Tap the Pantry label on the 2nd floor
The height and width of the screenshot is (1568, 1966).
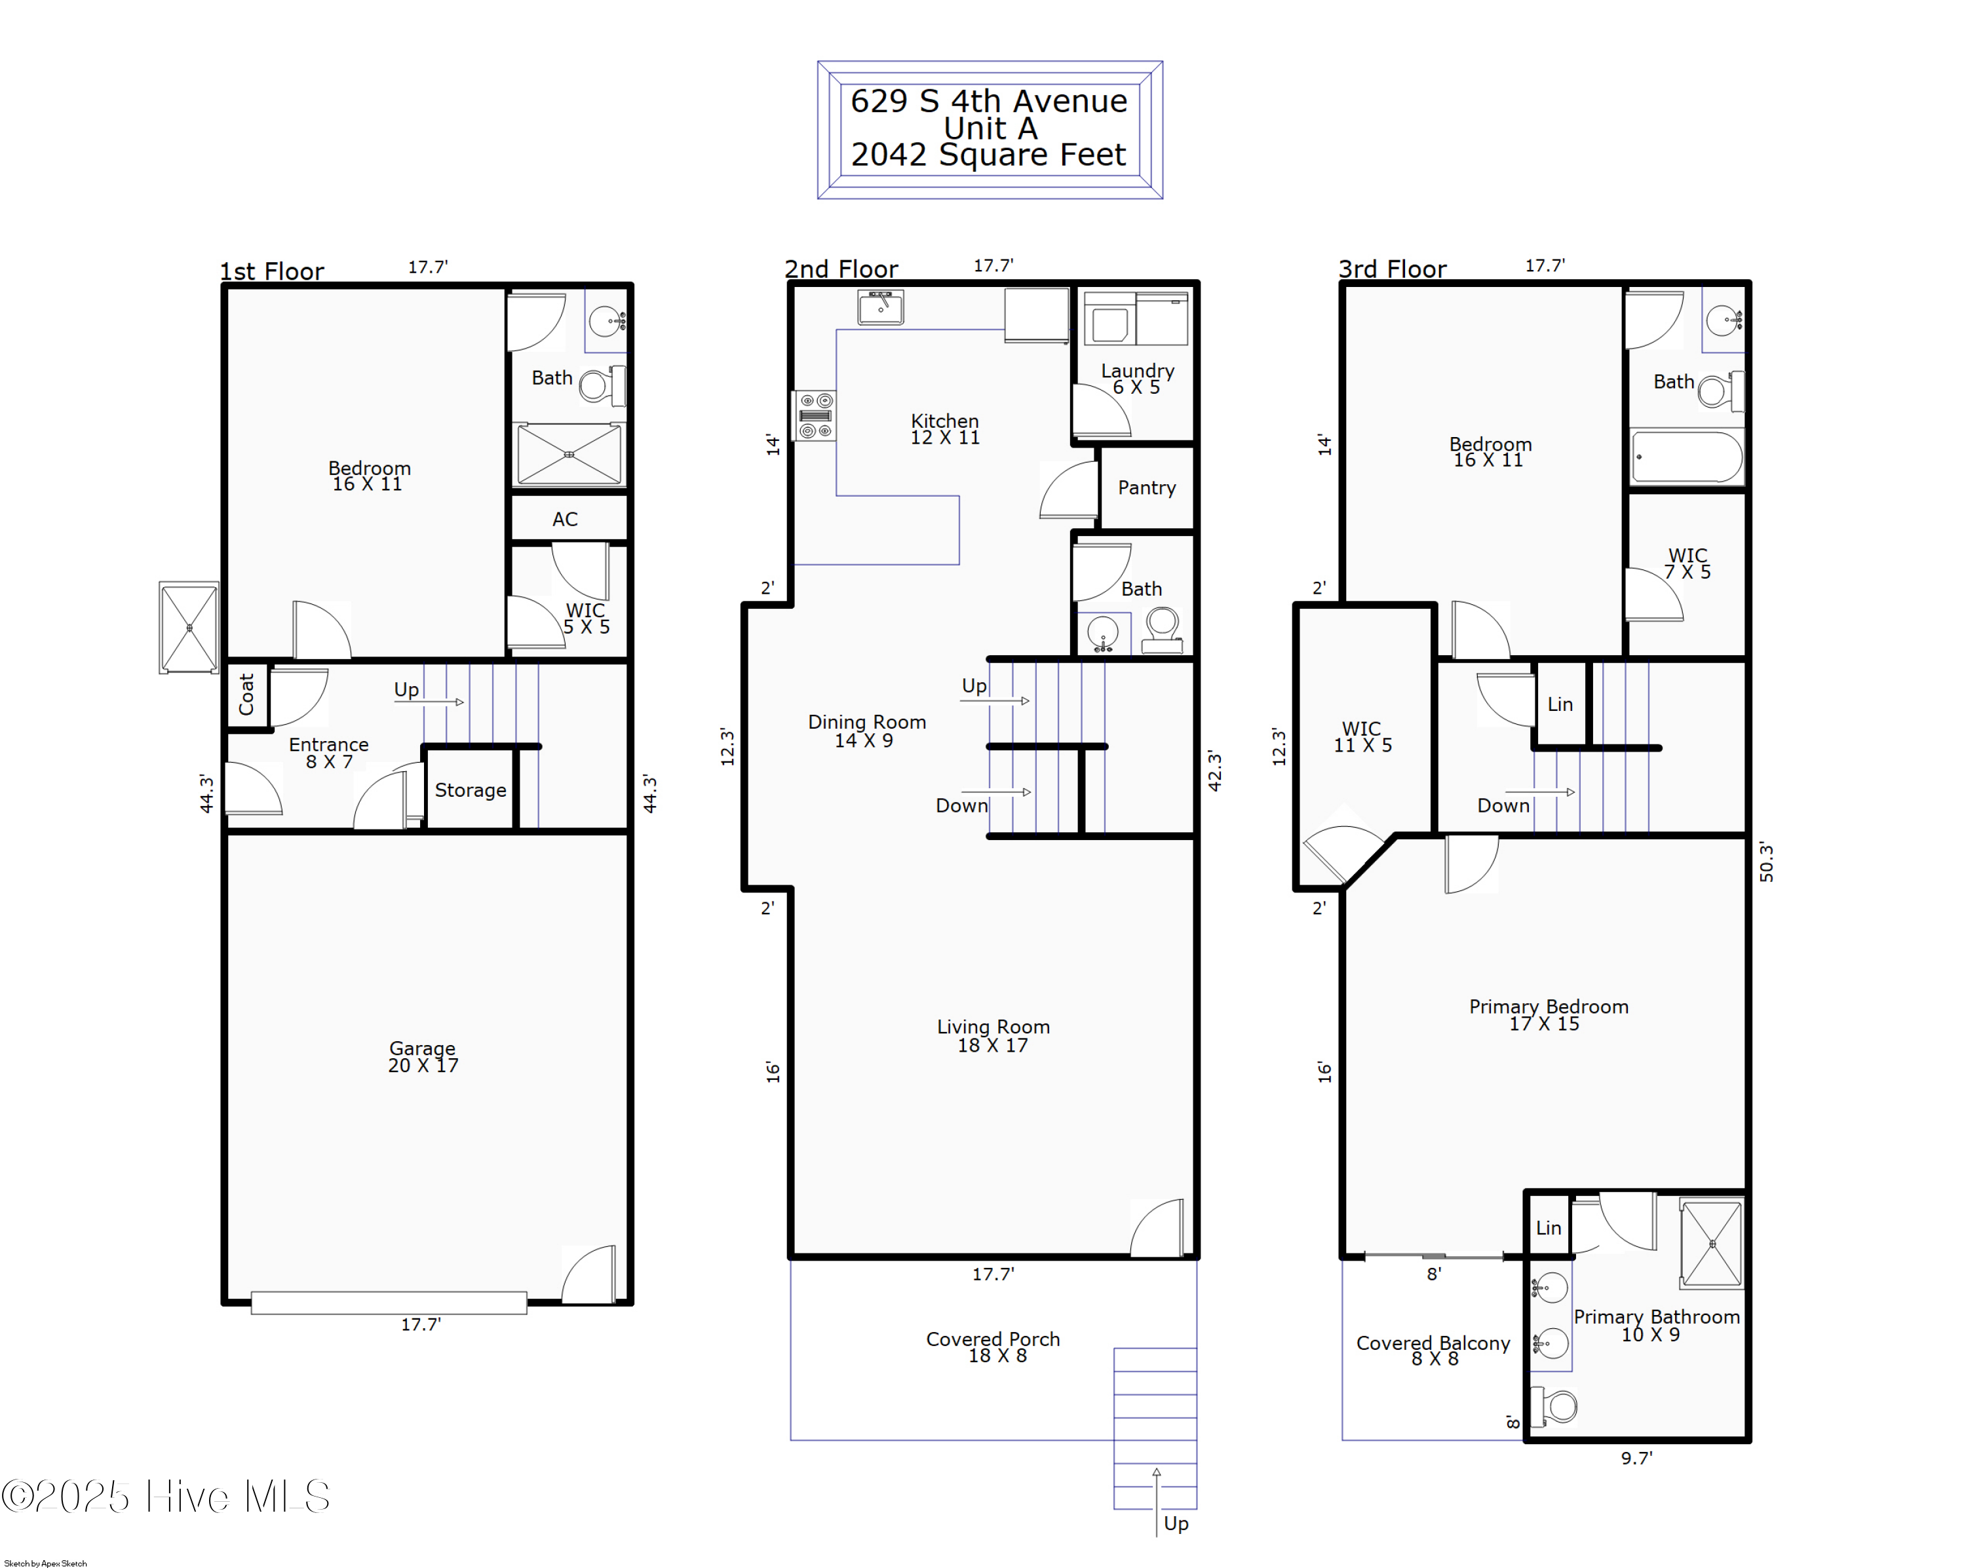tap(1146, 488)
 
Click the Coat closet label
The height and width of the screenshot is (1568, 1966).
tap(246, 695)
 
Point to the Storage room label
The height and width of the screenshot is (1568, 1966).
tap(470, 790)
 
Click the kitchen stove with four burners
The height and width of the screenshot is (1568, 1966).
tap(815, 415)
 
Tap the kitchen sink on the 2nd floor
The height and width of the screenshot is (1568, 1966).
tap(880, 307)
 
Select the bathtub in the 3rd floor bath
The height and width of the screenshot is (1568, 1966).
tap(1686, 457)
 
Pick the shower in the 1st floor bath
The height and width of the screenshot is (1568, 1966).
tap(569, 454)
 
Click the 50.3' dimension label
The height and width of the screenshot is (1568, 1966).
tap(1766, 862)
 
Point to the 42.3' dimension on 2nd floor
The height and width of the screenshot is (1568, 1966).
tap(1214, 771)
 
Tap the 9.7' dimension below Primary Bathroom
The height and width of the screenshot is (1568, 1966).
tap(1636, 1459)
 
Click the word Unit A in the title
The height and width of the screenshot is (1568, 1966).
tap(990, 128)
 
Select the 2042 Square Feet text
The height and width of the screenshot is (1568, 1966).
tap(988, 155)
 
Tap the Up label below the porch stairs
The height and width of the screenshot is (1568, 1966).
tap(1176, 1523)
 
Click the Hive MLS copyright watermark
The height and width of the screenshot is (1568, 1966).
tap(166, 1497)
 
